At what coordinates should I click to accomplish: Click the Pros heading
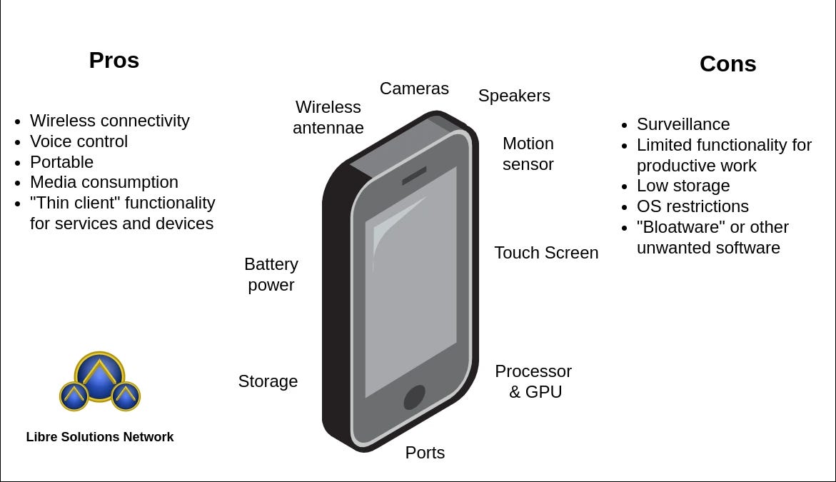(x=114, y=61)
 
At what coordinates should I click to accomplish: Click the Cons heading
(x=727, y=64)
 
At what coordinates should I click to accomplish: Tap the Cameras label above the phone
(x=414, y=89)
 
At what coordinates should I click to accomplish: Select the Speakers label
(x=514, y=96)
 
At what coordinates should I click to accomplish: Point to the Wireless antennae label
(x=328, y=117)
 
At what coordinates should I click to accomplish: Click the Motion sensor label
(x=528, y=154)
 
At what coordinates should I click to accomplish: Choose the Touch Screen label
(x=546, y=253)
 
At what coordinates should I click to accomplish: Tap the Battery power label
(x=271, y=274)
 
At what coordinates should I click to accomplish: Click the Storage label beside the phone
(x=268, y=381)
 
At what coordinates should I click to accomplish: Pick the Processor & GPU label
(x=534, y=381)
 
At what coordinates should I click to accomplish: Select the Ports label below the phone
(x=425, y=453)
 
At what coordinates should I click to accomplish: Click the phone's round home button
(x=414, y=397)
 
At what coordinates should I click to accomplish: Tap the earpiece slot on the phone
(x=414, y=176)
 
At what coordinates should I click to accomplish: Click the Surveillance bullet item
(x=683, y=124)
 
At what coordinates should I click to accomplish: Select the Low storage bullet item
(x=683, y=186)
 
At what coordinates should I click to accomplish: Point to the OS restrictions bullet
(x=693, y=206)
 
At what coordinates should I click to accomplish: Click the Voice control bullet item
(x=79, y=141)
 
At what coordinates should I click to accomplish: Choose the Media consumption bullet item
(x=104, y=182)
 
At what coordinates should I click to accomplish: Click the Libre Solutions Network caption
(x=100, y=437)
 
